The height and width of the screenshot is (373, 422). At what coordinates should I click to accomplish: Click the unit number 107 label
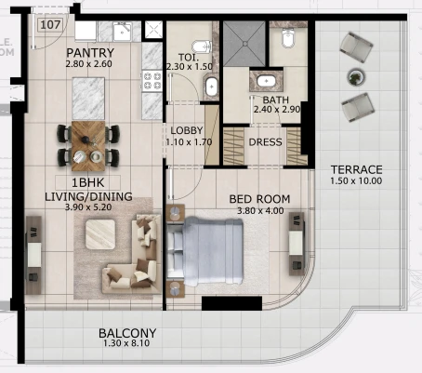[x=50, y=24]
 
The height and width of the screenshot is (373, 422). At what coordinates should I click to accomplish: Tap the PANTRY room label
[x=90, y=53]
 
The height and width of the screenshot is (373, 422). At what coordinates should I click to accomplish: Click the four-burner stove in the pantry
[x=152, y=81]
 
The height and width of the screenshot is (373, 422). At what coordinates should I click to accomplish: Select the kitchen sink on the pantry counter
[x=122, y=31]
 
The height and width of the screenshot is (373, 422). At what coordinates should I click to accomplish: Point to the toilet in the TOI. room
[x=202, y=47]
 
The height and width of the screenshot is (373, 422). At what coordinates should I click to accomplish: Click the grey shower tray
[x=244, y=44]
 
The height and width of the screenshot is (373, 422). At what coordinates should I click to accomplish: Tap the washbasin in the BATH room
[x=267, y=81]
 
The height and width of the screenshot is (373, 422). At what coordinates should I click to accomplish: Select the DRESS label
[x=265, y=142]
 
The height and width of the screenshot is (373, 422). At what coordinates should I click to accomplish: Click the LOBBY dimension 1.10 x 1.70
[x=189, y=142]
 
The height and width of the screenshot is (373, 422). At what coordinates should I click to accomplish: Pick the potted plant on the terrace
[x=356, y=77]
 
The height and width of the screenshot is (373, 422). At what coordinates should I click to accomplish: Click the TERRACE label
[x=356, y=169]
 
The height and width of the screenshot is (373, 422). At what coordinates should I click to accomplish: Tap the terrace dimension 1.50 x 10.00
[x=356, y=180]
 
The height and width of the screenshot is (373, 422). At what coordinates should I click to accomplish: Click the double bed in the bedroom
[x=204, y=251]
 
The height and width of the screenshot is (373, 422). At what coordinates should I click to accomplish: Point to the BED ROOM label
[x=259, y=199]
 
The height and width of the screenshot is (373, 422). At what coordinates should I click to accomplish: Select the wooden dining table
[x=88, y=146]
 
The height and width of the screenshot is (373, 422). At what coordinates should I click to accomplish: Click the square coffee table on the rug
[x=100, y=234]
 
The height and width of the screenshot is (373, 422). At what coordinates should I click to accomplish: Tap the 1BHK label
[x=88, y=182]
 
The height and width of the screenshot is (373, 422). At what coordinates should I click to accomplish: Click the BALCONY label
[x=127, y=333]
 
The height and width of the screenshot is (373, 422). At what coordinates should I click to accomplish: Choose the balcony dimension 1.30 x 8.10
[x=126, y=343]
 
